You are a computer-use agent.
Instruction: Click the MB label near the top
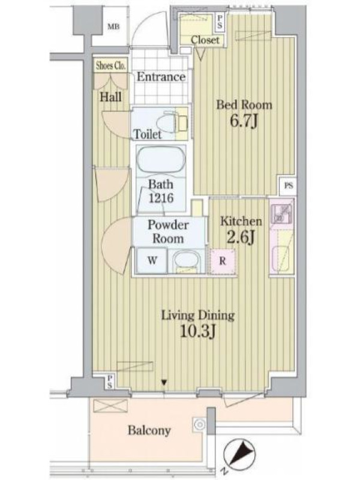113,27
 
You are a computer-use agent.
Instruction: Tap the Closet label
205,40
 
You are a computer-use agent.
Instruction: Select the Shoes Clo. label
110,66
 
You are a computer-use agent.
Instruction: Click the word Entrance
161,77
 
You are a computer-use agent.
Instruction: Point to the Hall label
110,97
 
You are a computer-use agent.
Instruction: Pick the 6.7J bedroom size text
244,121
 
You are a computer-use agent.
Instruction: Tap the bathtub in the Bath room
161,161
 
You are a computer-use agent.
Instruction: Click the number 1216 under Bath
161,198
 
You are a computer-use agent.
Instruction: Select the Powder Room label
168,232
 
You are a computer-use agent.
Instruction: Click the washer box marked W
152,260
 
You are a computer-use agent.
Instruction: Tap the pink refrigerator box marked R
223,261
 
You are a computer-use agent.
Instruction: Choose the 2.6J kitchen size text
241,237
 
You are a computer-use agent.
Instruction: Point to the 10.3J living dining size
198,331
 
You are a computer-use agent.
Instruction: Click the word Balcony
149,431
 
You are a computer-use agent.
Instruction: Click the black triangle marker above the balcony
164,382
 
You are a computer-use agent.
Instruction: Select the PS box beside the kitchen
289,185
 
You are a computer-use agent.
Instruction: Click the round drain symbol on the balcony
200,425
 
